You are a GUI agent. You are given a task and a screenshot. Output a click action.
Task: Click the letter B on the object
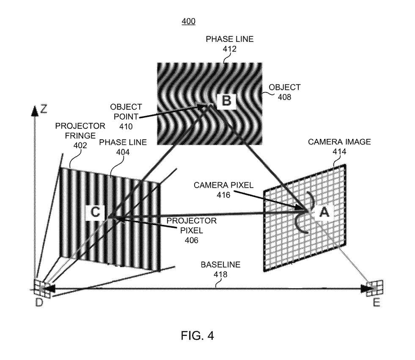coord(226,101)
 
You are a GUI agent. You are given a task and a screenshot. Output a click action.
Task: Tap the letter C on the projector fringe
coord(95,212)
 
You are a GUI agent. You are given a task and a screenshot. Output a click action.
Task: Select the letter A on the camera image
coord(324,212)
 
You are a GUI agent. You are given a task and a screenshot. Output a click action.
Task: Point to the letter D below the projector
coord(39,302)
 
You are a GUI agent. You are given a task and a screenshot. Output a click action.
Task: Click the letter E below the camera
coord(376,302)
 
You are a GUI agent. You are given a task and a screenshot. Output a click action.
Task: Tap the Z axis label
coord(44,109)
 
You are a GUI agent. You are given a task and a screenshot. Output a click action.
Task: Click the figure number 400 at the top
coord(188,21)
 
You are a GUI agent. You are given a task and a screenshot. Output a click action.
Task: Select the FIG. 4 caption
coord(197,335)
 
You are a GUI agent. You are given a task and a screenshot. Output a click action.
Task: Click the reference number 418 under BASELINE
coord(220,274)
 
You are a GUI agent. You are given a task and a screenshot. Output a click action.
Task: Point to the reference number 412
coord(229,49)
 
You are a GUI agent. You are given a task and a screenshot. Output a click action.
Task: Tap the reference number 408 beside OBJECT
coord(285,97)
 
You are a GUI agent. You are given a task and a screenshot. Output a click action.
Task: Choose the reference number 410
coord(126,127)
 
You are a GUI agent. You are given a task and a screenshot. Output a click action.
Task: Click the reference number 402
coord(80,145)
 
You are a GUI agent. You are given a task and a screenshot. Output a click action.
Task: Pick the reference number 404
coord(123,152)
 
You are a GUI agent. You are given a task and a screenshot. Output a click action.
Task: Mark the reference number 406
coord(191,240)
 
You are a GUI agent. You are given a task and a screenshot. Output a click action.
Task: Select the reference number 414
coord(339,152)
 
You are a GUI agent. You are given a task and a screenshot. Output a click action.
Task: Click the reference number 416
coord(223,195)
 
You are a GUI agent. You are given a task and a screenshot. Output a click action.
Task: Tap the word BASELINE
coord(220,265)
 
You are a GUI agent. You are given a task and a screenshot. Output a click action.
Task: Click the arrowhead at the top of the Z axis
coord(35,111)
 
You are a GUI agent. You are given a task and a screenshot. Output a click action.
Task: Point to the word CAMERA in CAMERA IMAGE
coord(323,142)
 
